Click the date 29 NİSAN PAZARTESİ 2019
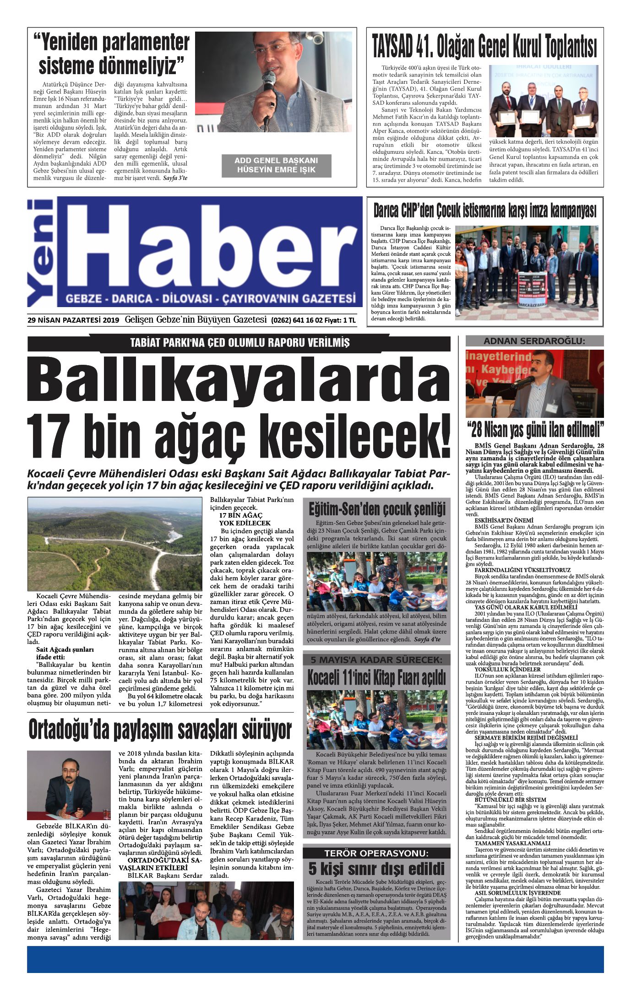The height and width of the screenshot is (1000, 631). point(73,320)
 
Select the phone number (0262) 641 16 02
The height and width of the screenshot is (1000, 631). point(297,320)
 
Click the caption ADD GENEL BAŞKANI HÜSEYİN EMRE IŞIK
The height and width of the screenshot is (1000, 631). point(276,165)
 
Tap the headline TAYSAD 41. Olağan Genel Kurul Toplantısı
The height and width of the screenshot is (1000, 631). point(484,47)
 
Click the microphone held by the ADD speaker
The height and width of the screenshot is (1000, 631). point(269,82)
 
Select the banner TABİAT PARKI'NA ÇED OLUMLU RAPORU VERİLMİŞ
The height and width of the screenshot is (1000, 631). point(239,343)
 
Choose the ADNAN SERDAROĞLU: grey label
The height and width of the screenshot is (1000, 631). point(534,341)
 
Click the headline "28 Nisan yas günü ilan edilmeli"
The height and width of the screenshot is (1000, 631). point(535,430)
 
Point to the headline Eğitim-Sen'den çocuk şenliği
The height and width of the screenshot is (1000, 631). point(376,509)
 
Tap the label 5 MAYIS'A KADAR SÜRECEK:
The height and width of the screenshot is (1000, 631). point(376,659)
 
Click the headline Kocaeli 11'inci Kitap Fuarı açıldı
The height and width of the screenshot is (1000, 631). point(376,677)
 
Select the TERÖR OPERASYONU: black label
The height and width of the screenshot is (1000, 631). point(376,853)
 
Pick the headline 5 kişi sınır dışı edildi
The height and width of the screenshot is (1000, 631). point(376,868)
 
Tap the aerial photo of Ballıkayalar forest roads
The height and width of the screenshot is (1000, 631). point(114,544)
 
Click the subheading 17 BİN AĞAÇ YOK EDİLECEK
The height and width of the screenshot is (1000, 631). point(245,519)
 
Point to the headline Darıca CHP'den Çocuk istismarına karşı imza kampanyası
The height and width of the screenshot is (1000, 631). point(484,211)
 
